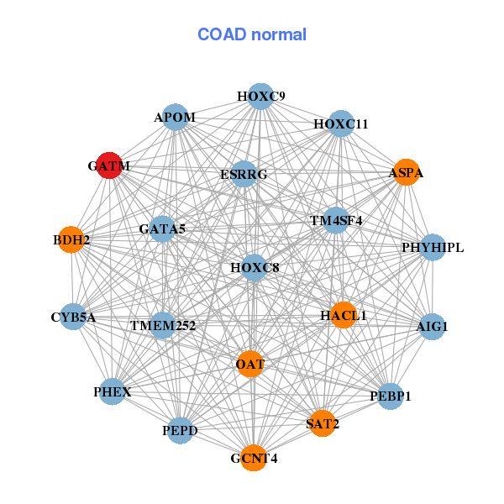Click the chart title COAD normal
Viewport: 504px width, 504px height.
tap(251, 35)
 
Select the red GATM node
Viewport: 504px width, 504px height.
tap(109, 165)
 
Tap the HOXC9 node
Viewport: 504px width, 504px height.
tap(260, 96)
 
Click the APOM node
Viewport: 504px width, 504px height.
tap(176, 117)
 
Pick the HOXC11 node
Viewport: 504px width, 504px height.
tap(340, 123)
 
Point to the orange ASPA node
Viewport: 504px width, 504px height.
tap(407, 172)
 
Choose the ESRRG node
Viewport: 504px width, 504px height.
tap(244, 174)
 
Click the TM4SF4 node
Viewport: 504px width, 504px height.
tap(336, 221)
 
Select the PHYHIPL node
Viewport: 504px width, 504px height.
tap(432, 247)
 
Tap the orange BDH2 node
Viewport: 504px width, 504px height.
tap(71, 239)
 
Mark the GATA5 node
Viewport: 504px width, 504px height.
tap(162, 228)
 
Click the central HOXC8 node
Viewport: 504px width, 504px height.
tap(254, 268)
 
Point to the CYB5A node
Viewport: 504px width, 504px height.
tap(73, 317)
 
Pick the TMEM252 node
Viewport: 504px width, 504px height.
tap(162, 324)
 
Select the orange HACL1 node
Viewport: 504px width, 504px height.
tap(343, 315)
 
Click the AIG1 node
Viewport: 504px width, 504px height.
tap(432, 326)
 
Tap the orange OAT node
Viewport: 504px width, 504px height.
tap(250, 364)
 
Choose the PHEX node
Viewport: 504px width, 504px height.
tap(112, 391)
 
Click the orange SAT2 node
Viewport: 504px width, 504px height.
tap(323, 423)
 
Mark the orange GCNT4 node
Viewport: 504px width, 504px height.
tap(254, 458)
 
